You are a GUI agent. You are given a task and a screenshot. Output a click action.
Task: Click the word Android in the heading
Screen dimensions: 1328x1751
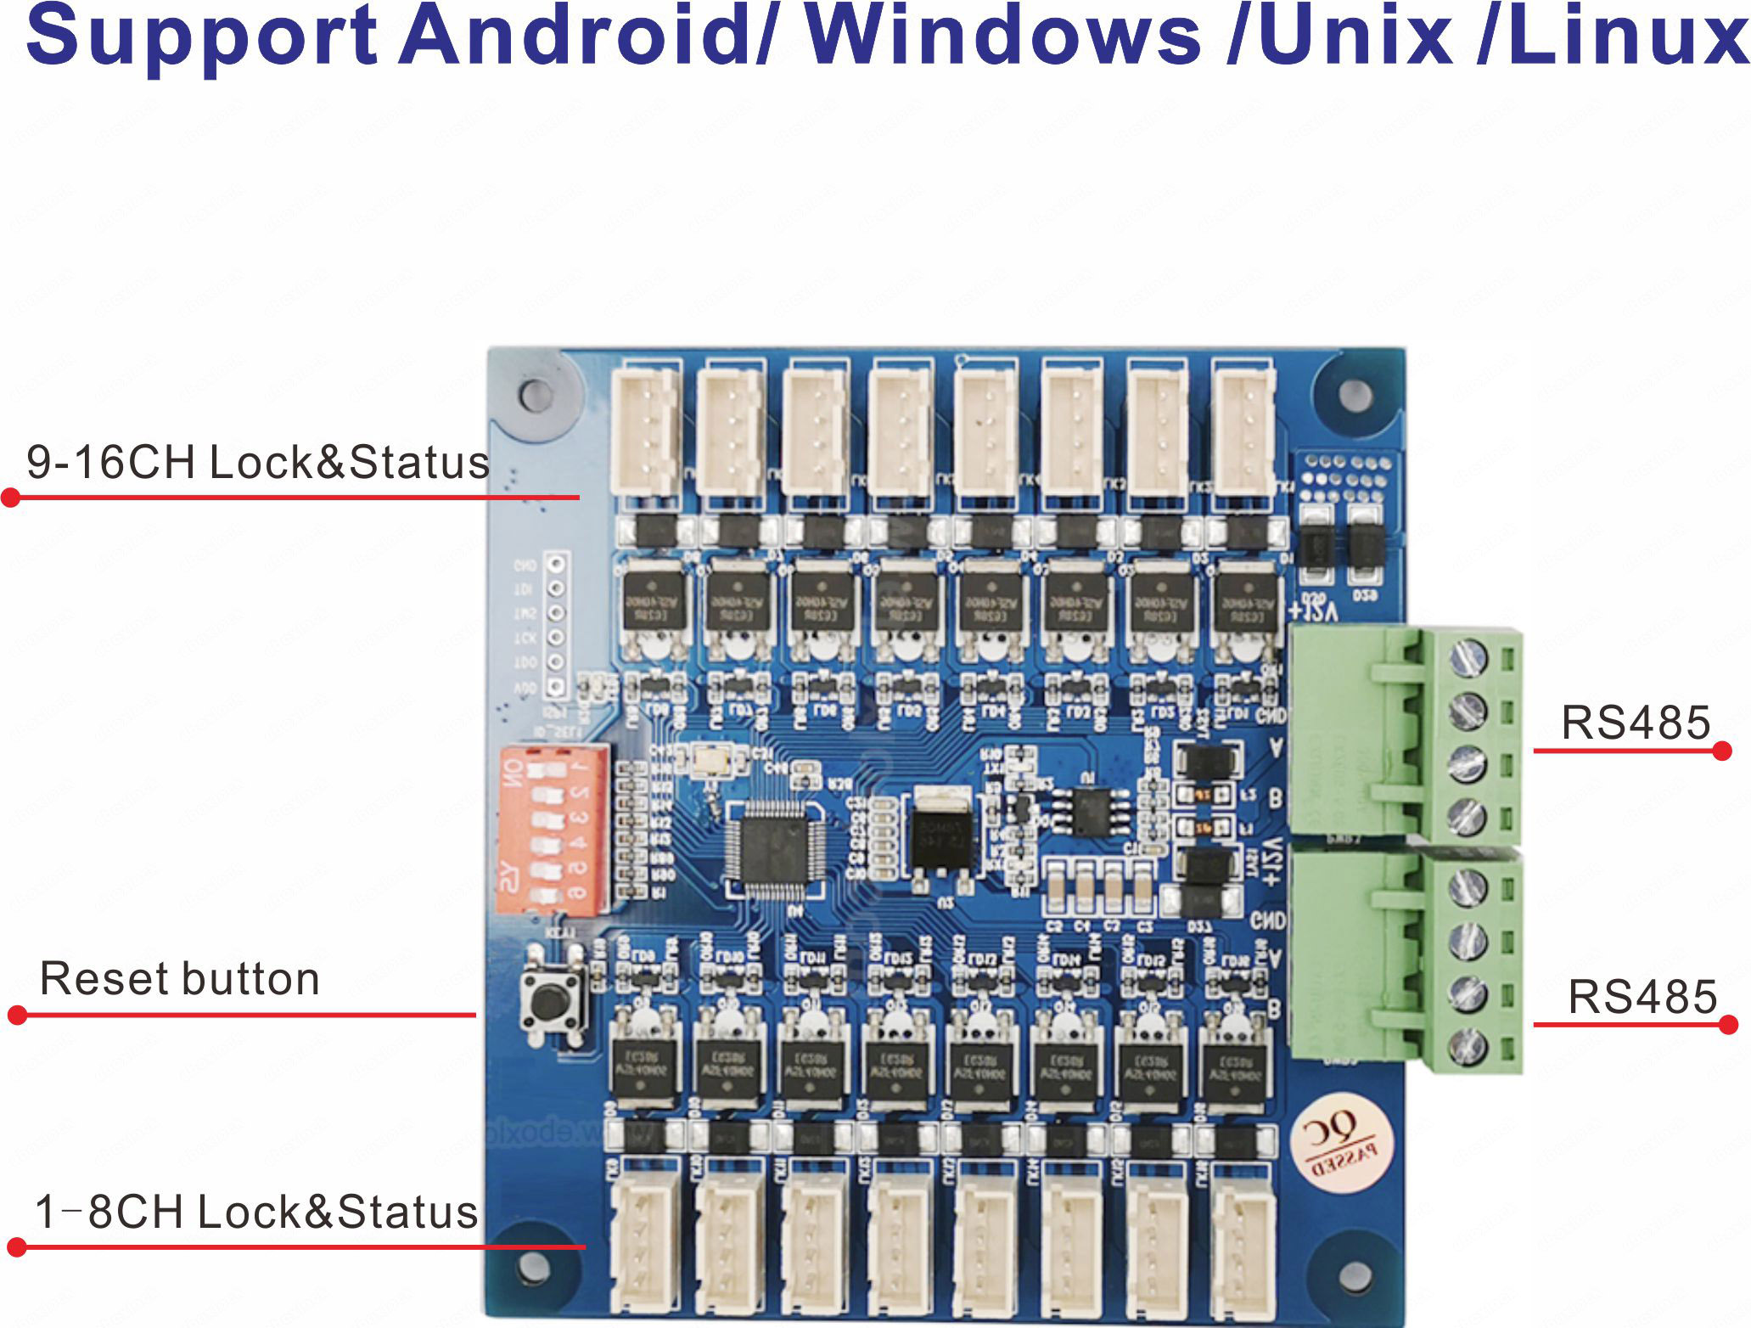tap(576, 36)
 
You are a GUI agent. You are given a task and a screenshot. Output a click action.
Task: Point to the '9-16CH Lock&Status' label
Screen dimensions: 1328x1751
tap(258, 462)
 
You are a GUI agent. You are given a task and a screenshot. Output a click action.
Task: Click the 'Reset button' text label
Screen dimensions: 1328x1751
tap(180, 978)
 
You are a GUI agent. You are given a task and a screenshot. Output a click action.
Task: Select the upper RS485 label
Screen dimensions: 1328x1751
tap(1636, 723)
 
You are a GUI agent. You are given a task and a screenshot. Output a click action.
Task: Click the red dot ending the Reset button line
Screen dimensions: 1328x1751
tap(17, 1014)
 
